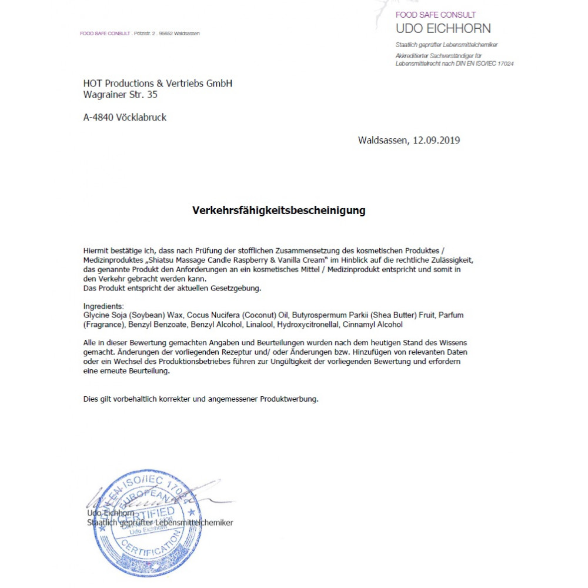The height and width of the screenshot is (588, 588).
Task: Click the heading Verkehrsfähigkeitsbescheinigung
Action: click(279, 211)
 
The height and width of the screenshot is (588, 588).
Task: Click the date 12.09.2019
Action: click(436, 141)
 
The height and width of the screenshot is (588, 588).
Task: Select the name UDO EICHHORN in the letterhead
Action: click(443, 28)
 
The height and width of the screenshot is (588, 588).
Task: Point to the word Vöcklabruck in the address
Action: click(145, 117)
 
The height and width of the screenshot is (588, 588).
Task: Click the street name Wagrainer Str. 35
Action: click(121, 94)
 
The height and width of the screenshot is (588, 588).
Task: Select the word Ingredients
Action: click(103, 306)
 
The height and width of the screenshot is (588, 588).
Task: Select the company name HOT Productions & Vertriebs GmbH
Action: click(158, 83)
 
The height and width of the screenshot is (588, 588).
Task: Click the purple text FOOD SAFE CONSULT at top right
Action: click(436, 15)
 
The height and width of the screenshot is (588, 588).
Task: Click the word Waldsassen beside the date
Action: click(383, 141)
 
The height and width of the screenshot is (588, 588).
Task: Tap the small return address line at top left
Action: click(140, 34)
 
